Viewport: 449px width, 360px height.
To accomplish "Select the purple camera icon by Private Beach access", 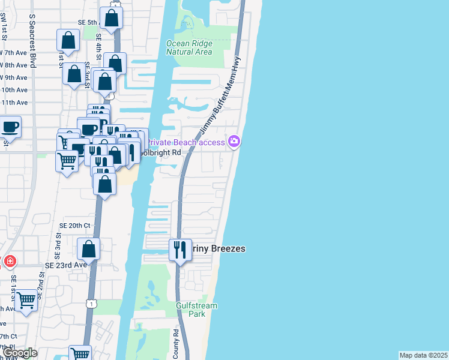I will click(x=234, y=142).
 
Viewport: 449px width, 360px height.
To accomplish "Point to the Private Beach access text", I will click(x=187, y=142).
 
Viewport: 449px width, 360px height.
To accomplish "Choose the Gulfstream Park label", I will click(x=196, y=310).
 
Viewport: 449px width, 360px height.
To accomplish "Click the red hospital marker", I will click(x=9, y=262).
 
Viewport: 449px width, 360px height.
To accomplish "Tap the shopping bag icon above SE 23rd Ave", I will click(x=89, y=248).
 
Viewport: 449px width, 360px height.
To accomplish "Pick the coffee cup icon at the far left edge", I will click(x=10, y=127).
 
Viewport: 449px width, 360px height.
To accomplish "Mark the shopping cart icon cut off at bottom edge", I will click(x=79, y=353).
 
